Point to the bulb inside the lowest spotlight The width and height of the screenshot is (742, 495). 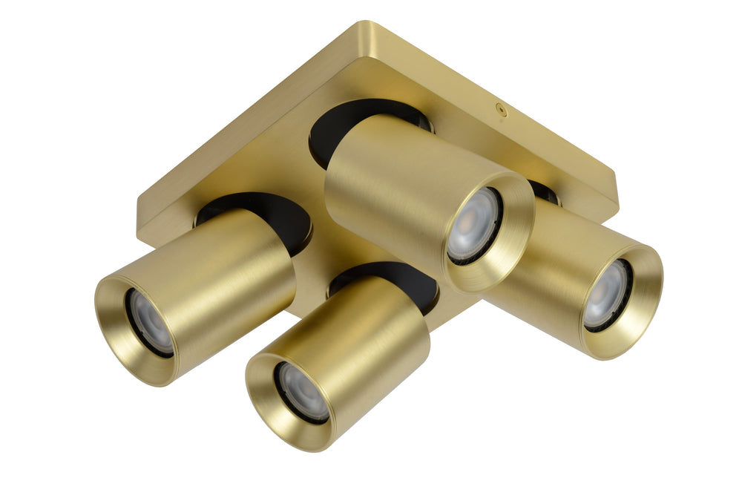click(303, 391)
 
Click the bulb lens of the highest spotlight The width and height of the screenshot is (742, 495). click(473, 224)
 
